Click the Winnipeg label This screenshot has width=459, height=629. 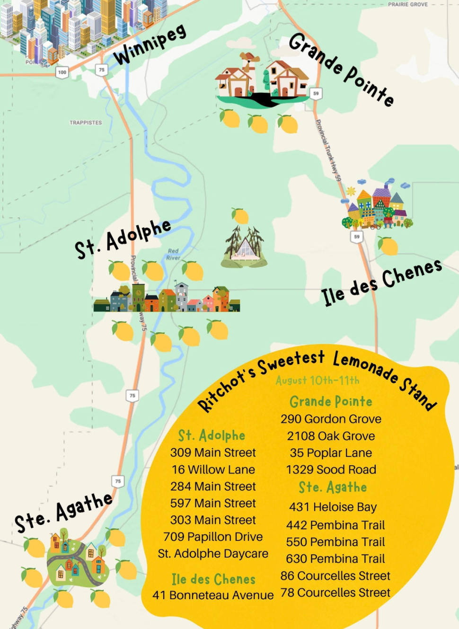point(150,44)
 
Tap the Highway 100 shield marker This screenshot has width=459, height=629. point(62,72)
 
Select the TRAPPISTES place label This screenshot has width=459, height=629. point(86,123)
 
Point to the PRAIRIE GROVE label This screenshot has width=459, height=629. point(407,5)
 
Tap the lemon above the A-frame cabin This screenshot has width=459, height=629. point(240,216)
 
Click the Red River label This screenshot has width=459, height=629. point(173,255)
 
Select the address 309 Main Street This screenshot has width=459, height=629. point(213,452)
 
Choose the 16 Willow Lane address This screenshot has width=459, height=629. point(213,470)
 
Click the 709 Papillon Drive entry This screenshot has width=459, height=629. point(213,537)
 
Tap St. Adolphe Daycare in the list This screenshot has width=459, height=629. point(213,553)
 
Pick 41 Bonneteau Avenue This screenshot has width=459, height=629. point(213,595)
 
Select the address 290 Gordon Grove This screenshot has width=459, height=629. point(331,419)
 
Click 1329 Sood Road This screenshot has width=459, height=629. point(331,470)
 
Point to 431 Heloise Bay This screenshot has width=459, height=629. point(333,507)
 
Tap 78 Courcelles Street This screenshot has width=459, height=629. point(335,593)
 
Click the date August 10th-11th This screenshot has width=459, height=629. point(318,381)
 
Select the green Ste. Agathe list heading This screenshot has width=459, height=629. point(333,487)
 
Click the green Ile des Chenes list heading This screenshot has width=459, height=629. point(213,579)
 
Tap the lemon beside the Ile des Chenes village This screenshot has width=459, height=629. point(388,246)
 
